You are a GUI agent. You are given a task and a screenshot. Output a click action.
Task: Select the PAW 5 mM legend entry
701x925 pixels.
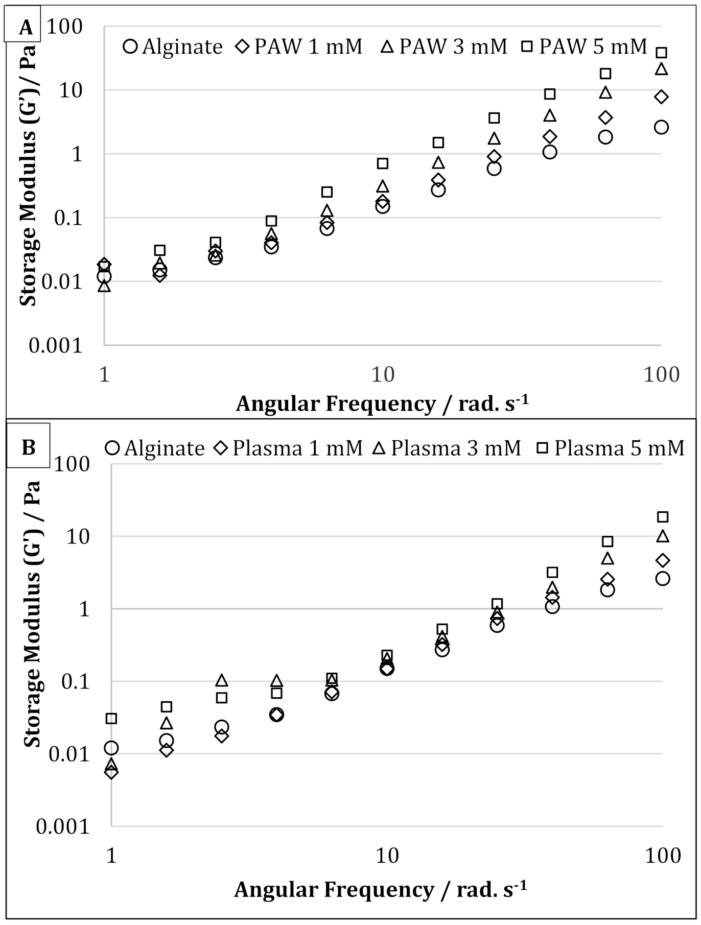[583, 46]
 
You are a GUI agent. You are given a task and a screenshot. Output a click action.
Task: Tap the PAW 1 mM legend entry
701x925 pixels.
[298, 46]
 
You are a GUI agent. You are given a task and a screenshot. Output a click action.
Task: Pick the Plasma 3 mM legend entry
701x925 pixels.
[447, 448]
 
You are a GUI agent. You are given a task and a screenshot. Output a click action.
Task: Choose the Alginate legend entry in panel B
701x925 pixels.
[154, 448]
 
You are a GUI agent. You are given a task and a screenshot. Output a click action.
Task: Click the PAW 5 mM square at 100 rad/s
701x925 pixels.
[661, 53]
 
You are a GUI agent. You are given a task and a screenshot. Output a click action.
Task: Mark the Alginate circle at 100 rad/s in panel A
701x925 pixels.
[661, 127]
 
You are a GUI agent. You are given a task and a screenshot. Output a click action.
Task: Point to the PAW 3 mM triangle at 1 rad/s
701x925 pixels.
[104, 286]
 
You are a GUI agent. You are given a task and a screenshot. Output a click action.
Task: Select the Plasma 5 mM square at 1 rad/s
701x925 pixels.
[111, 719]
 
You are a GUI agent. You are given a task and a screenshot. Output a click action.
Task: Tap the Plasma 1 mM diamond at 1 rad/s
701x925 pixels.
[111, 772]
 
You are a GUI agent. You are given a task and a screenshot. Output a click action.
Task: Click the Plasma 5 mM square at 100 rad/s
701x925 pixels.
[663, 517]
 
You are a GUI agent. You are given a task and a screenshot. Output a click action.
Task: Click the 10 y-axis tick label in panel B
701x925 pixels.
[78, 536]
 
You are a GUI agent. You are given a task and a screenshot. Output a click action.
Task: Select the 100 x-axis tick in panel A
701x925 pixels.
[661, 374]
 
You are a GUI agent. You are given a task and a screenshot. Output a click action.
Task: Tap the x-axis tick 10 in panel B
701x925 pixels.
[387, 855]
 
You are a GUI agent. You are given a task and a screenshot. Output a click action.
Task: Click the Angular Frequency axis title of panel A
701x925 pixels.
[382, 404]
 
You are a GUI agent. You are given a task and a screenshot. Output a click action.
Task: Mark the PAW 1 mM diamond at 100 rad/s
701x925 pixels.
[661, 97]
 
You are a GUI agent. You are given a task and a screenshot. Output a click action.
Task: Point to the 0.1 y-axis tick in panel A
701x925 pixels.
[68, 218]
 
